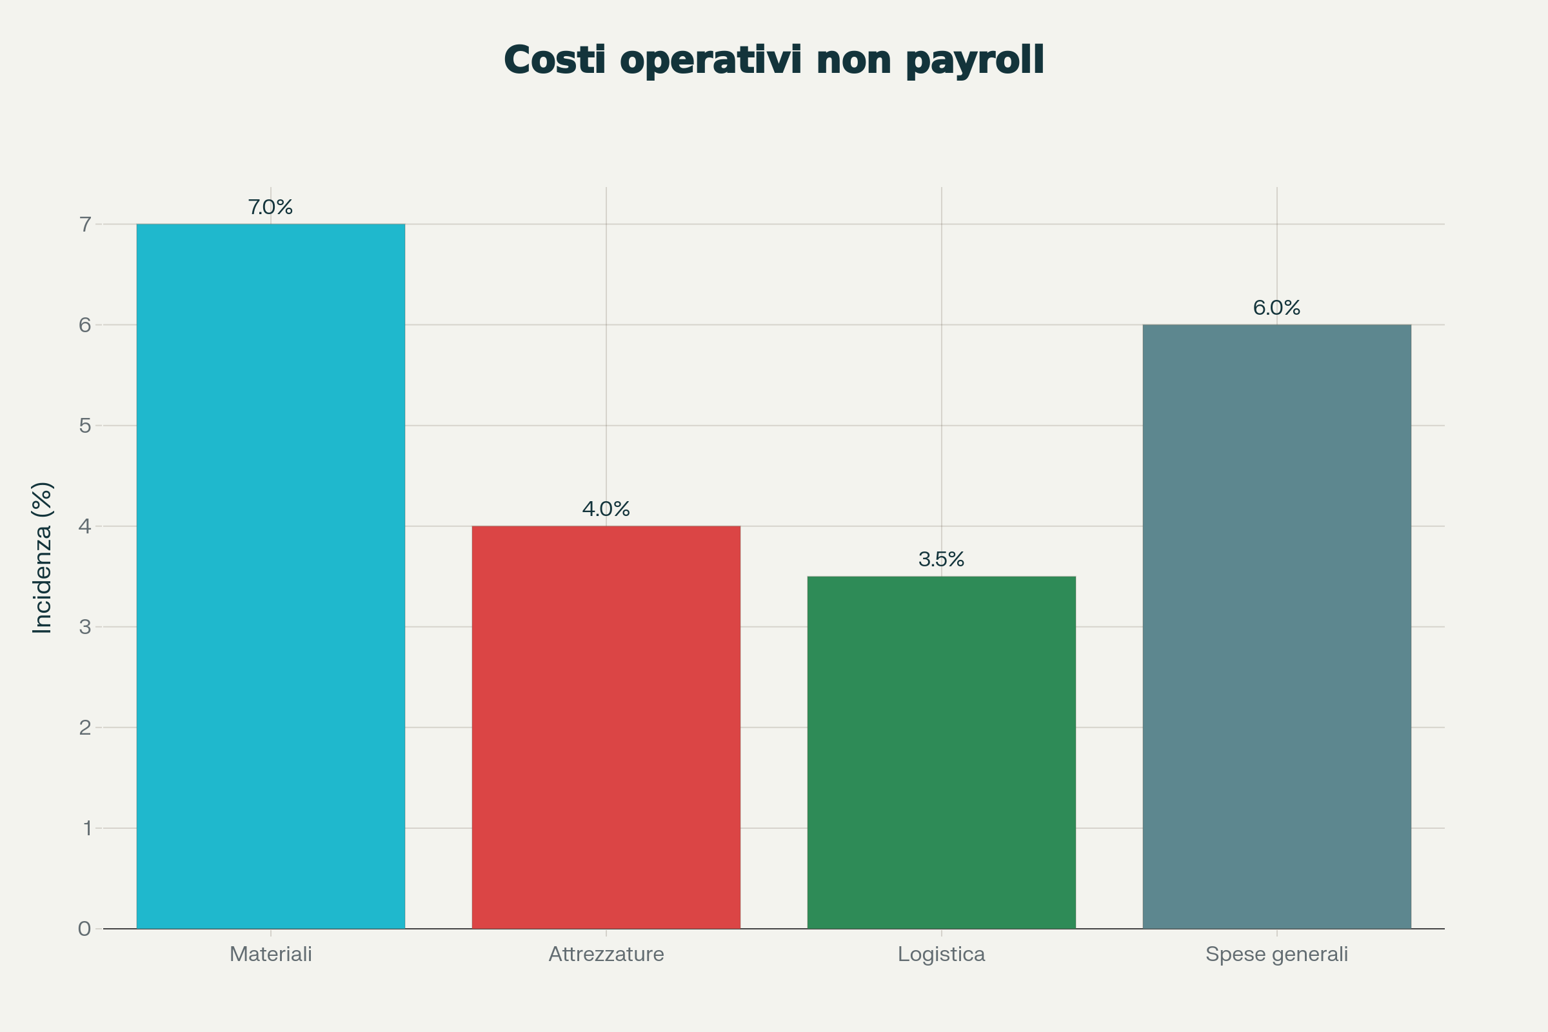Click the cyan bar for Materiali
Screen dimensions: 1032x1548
(270, 576)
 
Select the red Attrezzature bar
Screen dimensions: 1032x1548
(606, 728)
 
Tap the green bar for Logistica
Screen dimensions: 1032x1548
(941, 752)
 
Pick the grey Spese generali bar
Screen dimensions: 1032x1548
(1277, 626)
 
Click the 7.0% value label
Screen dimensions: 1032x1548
(270, 207)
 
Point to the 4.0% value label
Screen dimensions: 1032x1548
(606, 509)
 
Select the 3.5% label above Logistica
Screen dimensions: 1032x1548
(941, 559)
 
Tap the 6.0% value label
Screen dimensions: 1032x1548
(1277, 308)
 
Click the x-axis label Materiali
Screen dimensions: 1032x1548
(270, 955)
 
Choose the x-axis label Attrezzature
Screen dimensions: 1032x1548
(606, 955)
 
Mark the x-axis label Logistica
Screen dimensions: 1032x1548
(941, 955)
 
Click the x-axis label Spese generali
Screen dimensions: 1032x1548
(1277, 955)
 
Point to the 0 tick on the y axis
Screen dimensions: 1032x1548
(84, 929)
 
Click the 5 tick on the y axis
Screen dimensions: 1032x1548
(84, 426)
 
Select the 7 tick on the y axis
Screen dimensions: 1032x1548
(84, 224)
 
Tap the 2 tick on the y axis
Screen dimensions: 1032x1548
(84, 728)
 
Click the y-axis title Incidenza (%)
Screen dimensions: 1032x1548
(42, 558)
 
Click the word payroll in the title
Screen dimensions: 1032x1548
(975, 61)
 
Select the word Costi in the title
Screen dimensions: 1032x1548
(554, 61)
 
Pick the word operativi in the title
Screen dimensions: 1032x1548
(711, 61)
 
